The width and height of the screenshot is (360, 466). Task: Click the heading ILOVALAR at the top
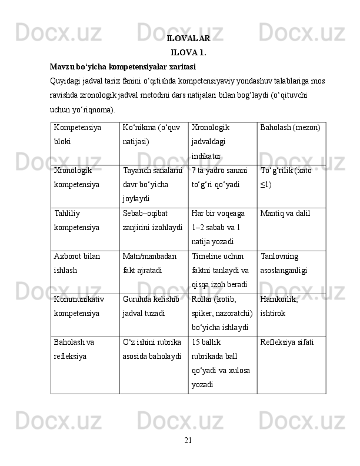click(188, 39)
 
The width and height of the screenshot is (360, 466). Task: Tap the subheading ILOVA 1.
click(188, 52)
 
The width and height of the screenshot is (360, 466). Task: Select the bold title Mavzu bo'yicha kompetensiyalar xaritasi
click(123, 66)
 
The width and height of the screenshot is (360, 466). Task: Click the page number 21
click(188, 440)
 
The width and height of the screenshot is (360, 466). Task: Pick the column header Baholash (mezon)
click(290, 127)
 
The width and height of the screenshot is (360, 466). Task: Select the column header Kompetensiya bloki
click(77, 134)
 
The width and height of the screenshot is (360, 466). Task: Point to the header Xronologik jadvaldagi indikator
click(211, 142)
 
